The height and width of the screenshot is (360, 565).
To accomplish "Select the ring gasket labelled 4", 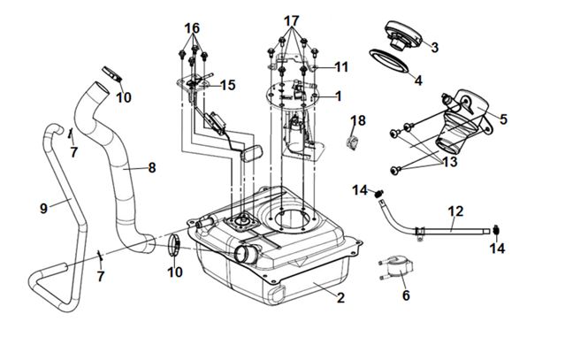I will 388,64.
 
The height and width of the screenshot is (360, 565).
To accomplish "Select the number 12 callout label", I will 454,211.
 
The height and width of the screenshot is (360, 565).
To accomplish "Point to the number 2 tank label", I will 340,297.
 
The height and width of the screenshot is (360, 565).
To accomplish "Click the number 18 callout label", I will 359,120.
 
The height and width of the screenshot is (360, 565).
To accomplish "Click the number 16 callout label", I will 192,27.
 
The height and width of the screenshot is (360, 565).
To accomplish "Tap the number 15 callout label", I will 228,85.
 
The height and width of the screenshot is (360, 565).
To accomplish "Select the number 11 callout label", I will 341,66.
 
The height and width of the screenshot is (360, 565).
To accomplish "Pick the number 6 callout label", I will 405,295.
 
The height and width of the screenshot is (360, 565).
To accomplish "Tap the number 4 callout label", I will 419,80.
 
